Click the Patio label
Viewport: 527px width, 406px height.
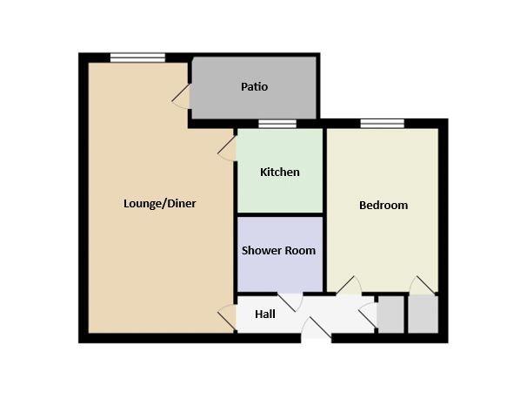click(x=255, y=87)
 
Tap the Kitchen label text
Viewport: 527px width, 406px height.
click(x=280, y=172)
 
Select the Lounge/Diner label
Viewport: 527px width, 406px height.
click(x=160, y=203)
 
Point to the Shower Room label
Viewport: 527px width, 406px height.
click(x=278, y=250)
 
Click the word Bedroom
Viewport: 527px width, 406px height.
click(x=384, y=205)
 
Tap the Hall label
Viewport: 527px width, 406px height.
click(x=265, y=315)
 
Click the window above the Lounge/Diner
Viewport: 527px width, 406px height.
click(x=137, y=58)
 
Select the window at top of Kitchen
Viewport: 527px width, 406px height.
click(x=277, y=124)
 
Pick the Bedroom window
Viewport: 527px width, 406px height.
click(x=383, y=124)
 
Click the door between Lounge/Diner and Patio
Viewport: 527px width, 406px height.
click(x=182, y=96)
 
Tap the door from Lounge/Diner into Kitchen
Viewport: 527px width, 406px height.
click(x=227, y=149)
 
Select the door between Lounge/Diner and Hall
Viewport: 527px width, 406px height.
click(x=227, y=317)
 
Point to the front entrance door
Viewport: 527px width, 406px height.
click(x=317, y=328)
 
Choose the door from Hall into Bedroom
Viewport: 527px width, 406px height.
click(x=350, y=286)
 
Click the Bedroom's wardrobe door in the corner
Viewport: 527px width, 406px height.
click(x=422, y=286)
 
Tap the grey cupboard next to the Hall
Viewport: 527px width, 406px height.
click(x=390, y=315)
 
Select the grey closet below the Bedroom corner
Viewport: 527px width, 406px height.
click(x=424, y=315)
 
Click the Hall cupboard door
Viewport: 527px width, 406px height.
click(x=369, y=315)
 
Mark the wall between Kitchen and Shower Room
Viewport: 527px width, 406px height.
click(x=280, y=214)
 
